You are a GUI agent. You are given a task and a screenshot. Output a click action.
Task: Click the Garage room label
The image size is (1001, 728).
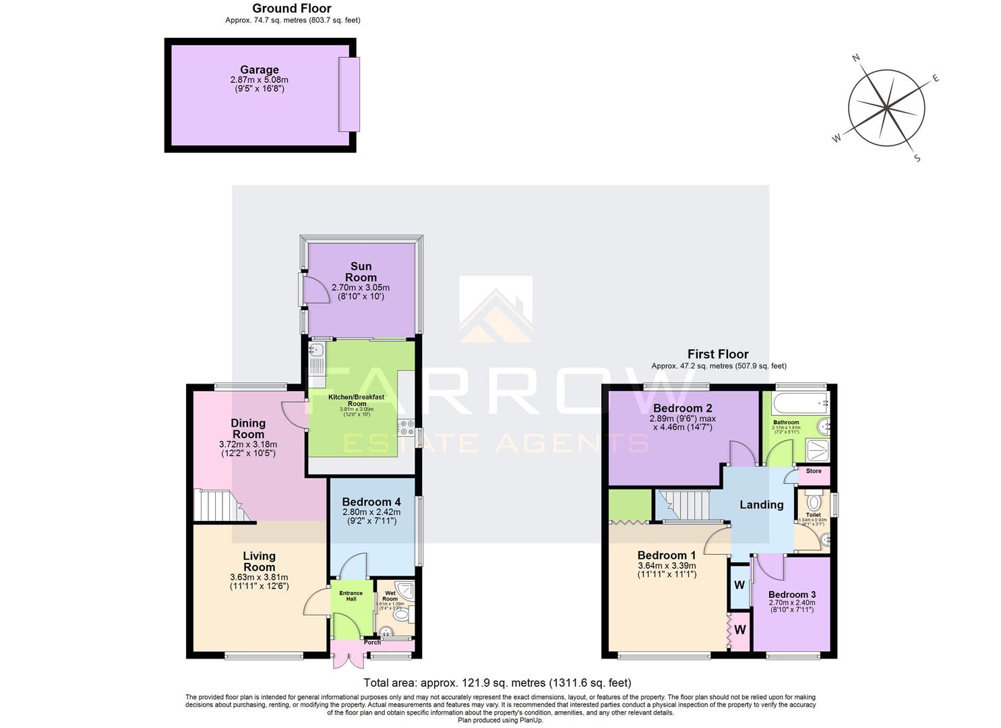[260, 70]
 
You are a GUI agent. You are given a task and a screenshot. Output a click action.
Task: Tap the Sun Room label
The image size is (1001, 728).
[361, 272]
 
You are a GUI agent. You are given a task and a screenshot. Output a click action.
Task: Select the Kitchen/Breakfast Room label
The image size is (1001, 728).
[356, 400]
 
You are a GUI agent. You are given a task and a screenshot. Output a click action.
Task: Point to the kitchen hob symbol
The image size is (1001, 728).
[406, 427]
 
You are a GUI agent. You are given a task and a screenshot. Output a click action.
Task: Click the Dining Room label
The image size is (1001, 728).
[248, 429]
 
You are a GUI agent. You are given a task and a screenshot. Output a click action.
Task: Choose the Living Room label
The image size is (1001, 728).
[259, 562]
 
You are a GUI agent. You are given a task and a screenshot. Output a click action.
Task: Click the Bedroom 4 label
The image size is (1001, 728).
[371, 502]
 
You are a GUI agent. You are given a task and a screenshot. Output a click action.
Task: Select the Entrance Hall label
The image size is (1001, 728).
[351, 596]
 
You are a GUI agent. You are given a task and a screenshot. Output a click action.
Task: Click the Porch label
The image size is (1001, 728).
[372, 642]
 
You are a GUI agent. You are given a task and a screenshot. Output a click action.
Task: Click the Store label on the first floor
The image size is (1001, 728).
[814, 471]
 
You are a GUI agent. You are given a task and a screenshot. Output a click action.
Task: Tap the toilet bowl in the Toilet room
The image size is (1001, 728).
[813, 501]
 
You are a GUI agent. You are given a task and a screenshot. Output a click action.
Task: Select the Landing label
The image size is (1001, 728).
[762, 504]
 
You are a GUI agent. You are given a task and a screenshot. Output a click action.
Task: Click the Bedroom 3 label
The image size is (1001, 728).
[791, 595]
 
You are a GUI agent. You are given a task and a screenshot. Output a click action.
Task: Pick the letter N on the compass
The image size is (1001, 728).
[856, 59]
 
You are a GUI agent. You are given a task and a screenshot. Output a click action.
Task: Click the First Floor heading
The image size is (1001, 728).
[718, 354]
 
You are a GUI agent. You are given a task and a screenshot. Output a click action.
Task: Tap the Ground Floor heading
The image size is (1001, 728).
[292, 9]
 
